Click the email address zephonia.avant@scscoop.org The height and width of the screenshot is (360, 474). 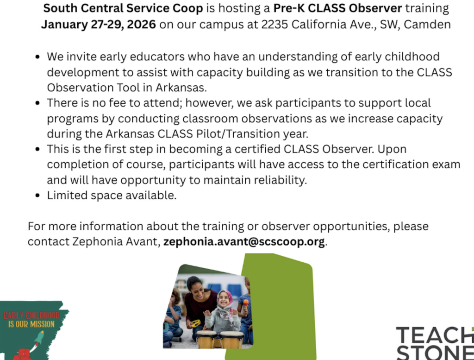[244, 242]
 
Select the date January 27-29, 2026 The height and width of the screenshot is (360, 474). [99, 25]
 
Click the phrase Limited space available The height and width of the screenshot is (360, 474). [112, 196]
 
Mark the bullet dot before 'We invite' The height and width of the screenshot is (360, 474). [37, 57]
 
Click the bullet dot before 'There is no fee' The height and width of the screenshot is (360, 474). [37, 103]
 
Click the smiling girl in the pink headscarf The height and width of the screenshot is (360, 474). [224, 301]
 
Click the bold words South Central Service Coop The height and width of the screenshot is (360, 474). [123, 8]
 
